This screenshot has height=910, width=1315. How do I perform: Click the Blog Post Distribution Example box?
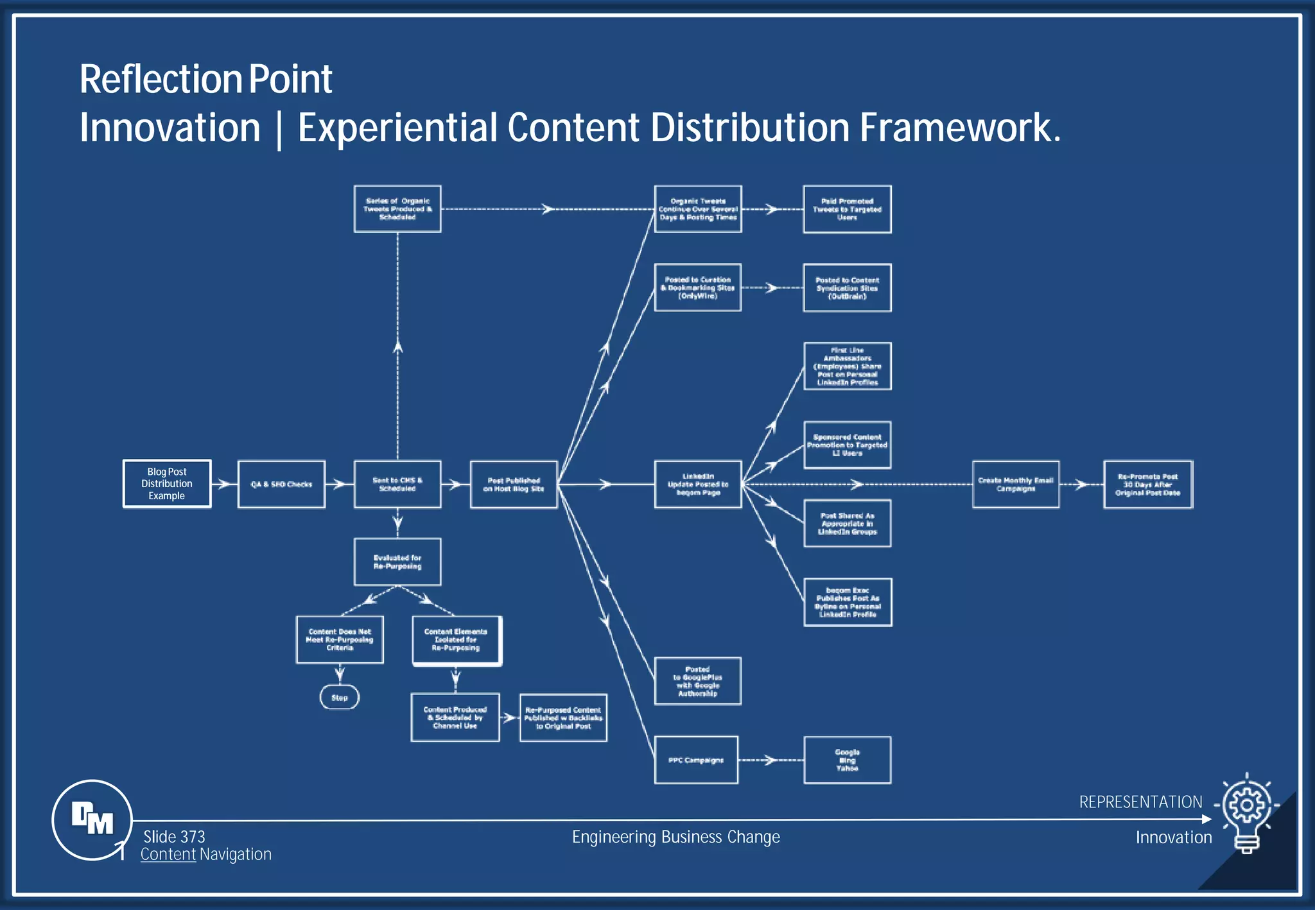(x=167, y=484)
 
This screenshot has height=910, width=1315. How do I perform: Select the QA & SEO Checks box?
(x=281, y=485)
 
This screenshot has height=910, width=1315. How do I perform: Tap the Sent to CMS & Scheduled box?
(x=397, y=485)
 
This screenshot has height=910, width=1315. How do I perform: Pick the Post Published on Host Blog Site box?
(x=514, y=485)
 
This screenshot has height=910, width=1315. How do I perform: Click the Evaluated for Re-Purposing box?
(x=397, y=562)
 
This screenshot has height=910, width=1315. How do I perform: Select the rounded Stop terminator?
(x=340, y=698)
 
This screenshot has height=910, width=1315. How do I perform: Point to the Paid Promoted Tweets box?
(x=847, y=209)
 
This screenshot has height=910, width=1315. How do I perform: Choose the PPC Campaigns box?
(x=696, y=760)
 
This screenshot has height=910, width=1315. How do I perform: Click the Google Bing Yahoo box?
(x=847, y=760)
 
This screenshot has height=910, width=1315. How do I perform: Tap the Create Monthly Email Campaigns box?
(x=1016, y=485)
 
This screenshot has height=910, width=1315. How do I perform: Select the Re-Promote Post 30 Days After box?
(x=1148, y=485)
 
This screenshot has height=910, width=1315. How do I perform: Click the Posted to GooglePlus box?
(x=697, y=682)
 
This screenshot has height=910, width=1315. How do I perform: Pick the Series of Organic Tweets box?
(x=397, y=209)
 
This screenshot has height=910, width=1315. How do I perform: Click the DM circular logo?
(x=92, y=820)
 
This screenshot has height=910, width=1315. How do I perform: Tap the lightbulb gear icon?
(x=1247, y=812)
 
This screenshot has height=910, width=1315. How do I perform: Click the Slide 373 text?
(x=174, y=837)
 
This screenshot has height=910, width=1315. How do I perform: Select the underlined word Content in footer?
(x=168, y=855)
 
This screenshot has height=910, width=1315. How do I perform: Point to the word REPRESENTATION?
(x=1140, y=802)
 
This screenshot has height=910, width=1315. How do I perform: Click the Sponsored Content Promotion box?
(x=847, y=445)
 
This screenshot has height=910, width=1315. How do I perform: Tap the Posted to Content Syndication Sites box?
(x=847, y=288)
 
